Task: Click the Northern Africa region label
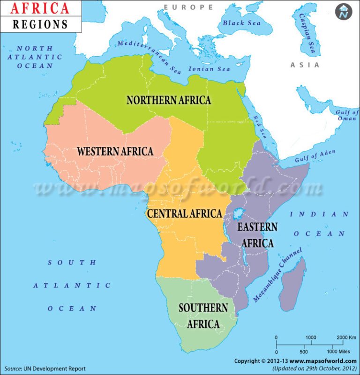pos(169,100)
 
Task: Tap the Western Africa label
pos(115,151)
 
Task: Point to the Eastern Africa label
pos(257,235)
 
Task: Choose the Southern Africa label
pos(203,316)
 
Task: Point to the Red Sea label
pos(259,126)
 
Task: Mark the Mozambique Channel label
pos(277,274)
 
